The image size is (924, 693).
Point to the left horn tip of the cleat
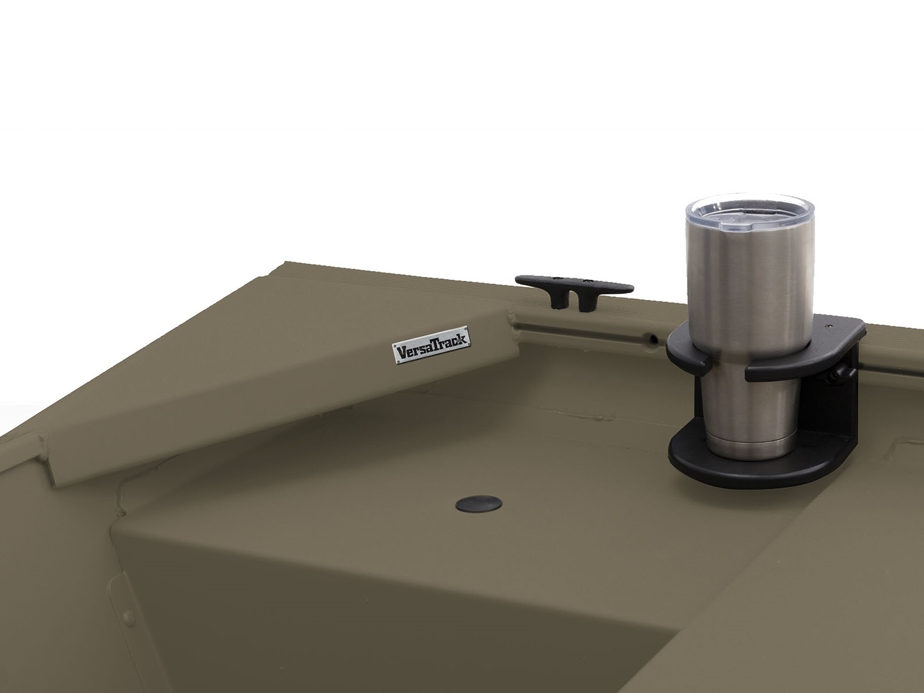pyautogui.click(x=516, y=278)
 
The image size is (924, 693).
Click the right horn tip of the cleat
pyautogui.click(x=632, y=289)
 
